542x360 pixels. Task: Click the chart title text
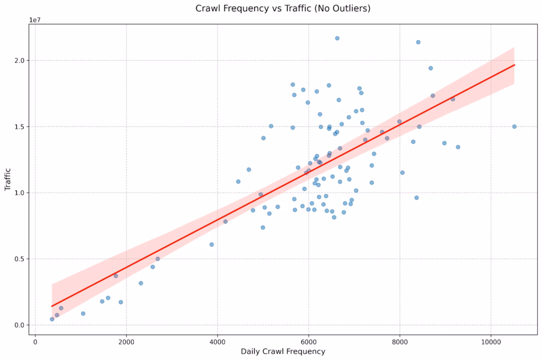click(283, 8)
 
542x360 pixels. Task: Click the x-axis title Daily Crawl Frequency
click(283, 352)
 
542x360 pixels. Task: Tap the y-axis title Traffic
click(8, 179)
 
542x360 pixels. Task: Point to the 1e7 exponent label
click(35, 20)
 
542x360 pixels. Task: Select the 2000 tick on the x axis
click(126, 341)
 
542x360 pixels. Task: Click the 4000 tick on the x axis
click(217, 341)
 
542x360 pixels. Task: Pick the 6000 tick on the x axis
click(308, 341)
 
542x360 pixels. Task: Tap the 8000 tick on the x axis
click(399, 341)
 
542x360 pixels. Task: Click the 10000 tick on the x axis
click(490, 341)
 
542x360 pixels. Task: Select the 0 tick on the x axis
click(35, 341)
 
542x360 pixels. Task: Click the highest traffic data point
click(337, 38)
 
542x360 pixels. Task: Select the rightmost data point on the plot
click(514, 127)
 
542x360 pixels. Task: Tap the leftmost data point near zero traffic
click(52, 319)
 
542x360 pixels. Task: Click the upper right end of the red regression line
click(514, 65)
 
